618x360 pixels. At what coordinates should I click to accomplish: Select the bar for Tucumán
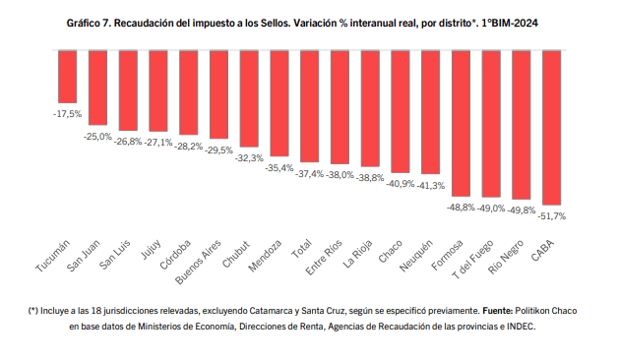(67, 77)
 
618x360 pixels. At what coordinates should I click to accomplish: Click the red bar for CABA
(551, 128)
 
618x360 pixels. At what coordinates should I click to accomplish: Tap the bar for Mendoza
(279, 103)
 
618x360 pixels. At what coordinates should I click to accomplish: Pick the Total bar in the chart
(309, 106)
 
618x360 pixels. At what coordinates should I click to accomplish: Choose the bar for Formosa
(461, 123)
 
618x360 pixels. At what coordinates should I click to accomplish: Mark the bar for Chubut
(249, 98)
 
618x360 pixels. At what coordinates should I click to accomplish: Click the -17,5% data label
(67, 114)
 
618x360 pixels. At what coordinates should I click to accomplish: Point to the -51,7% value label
(551, 216)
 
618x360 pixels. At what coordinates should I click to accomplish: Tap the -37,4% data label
(309, 174)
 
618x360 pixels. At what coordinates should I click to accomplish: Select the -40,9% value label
(401, 184)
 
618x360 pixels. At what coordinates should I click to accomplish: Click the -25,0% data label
(97, 137)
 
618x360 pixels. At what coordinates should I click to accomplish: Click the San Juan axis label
(84, 256)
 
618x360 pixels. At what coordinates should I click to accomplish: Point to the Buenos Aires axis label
(198, 262)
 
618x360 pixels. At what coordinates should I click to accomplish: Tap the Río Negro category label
(506, 257)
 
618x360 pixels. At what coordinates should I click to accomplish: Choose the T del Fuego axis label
(473, 260)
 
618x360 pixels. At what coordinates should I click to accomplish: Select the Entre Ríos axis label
(324, 257)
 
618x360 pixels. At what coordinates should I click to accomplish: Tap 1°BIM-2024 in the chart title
(510, 24)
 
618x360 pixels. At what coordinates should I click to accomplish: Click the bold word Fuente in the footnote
(497, 311)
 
